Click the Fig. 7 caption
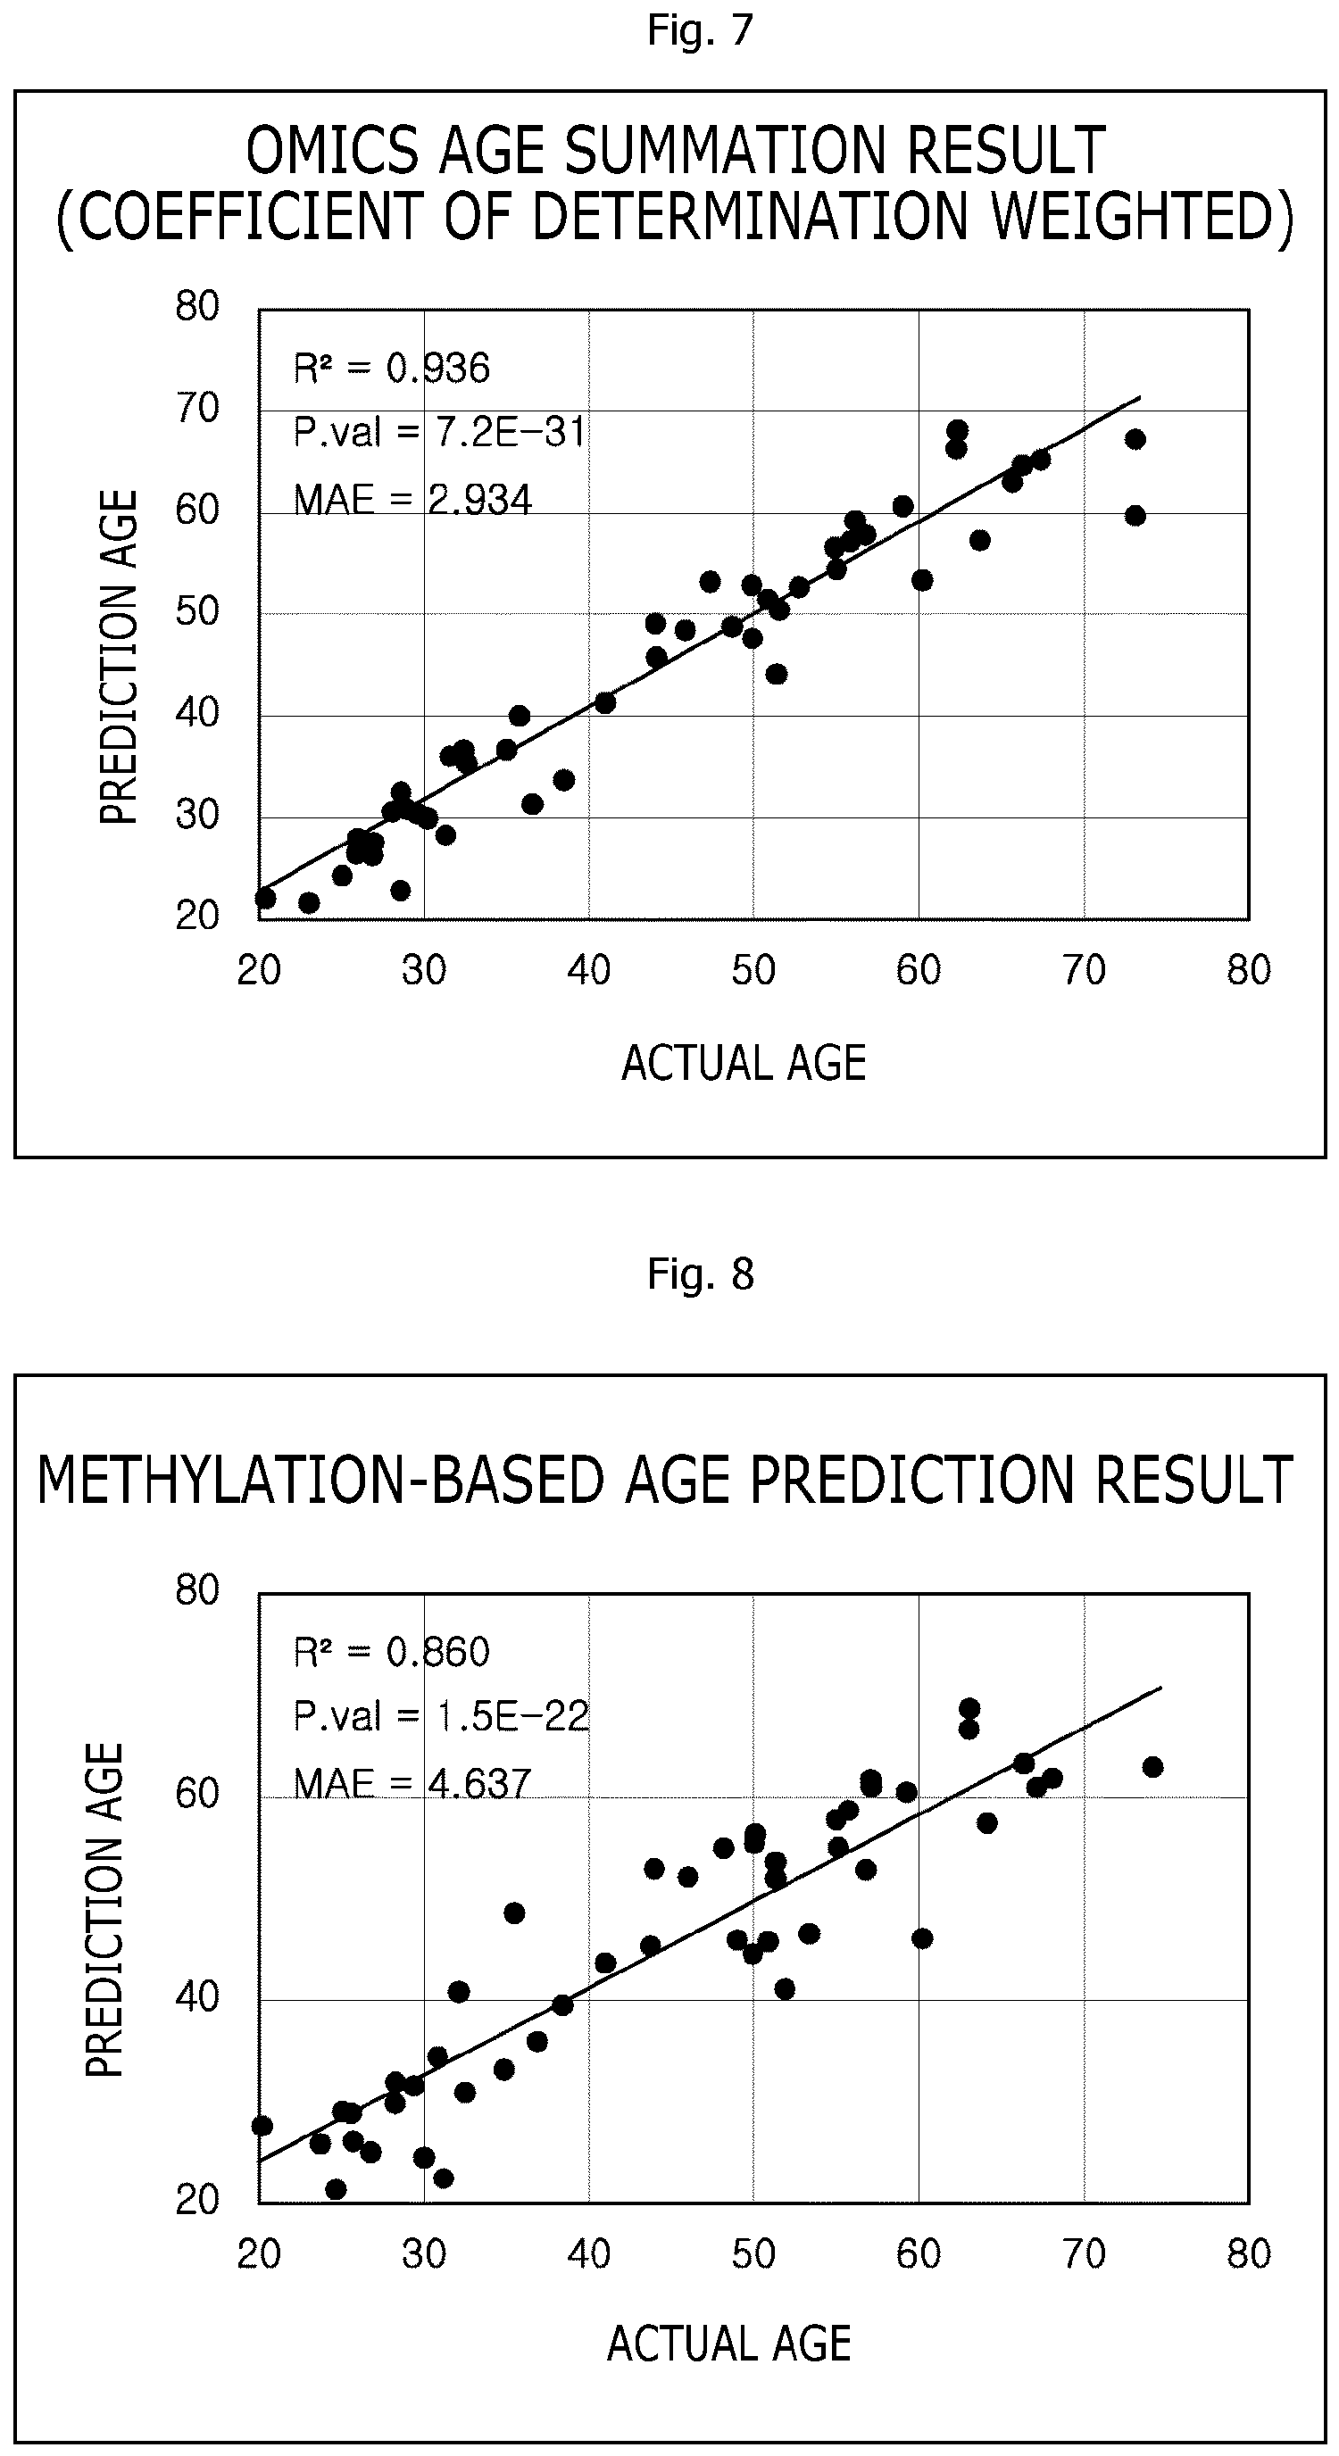[x=700, y=30]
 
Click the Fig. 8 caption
[x=700, y=1274]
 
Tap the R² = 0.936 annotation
[x=391, y=367]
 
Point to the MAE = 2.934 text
[x=412, y=499]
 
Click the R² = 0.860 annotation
[x=391, y=1651]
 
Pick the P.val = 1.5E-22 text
[x=441, y=1717]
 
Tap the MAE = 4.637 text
[x=412, y=1783]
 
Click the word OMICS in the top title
[x=323, y=151]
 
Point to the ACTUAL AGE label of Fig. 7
[x=744, y=1063]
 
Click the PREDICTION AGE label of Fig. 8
[x=105, y=1910]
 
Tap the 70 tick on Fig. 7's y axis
[x=197, y=409]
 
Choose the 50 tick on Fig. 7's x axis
[x=753, y=971]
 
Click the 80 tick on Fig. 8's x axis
[x=1249, y=2255]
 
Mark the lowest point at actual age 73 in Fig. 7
[x=1135, y=516]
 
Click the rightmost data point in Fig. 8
[x=1153, y=1767]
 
